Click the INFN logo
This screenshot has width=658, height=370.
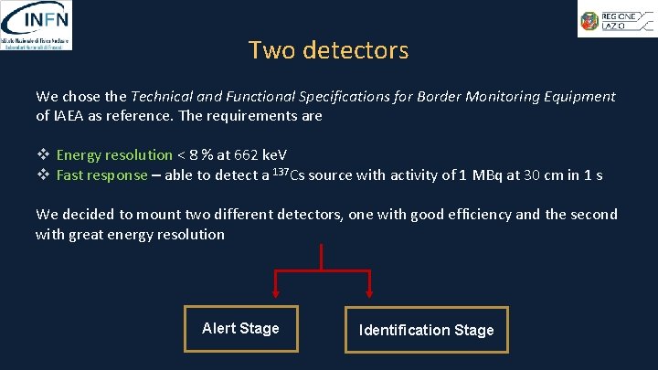37,25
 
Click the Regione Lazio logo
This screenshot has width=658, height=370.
615,18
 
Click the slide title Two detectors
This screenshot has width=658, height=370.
328,50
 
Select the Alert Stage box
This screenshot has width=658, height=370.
240,329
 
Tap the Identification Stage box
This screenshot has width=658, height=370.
426,330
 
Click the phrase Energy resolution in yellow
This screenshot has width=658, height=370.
114,155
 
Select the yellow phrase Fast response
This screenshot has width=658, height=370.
101,175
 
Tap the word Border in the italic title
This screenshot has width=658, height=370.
431,97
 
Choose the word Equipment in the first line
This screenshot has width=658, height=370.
579,97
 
